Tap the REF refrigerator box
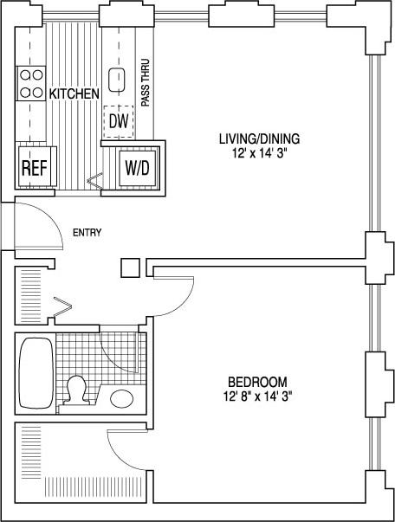coord(34,167)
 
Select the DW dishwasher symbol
coord(118,120)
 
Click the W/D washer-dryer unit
coord(137,166)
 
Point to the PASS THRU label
coord(146,82)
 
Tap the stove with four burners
coord(31,82)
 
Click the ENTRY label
coord(87,232)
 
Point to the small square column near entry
coord(130,267)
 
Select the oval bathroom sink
coord(120,398)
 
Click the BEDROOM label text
coord(257,382)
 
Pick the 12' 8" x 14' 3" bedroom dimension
coord(257,396)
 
